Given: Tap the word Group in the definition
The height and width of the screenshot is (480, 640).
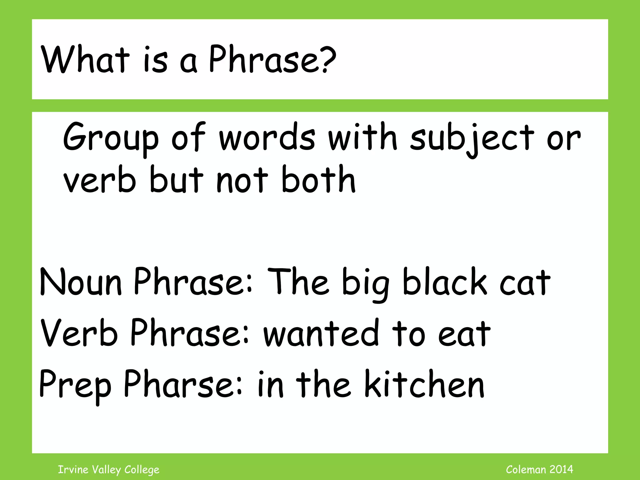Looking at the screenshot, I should [111, 137].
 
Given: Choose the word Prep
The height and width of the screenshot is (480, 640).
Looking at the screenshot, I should [75, 385].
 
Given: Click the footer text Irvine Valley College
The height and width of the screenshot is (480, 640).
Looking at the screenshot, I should [109, 470].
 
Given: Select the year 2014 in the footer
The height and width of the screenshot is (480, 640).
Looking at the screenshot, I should [561, 469].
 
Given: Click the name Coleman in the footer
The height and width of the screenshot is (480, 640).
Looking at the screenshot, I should [526, 469].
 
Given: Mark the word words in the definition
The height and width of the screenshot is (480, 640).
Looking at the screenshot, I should [267, 137].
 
